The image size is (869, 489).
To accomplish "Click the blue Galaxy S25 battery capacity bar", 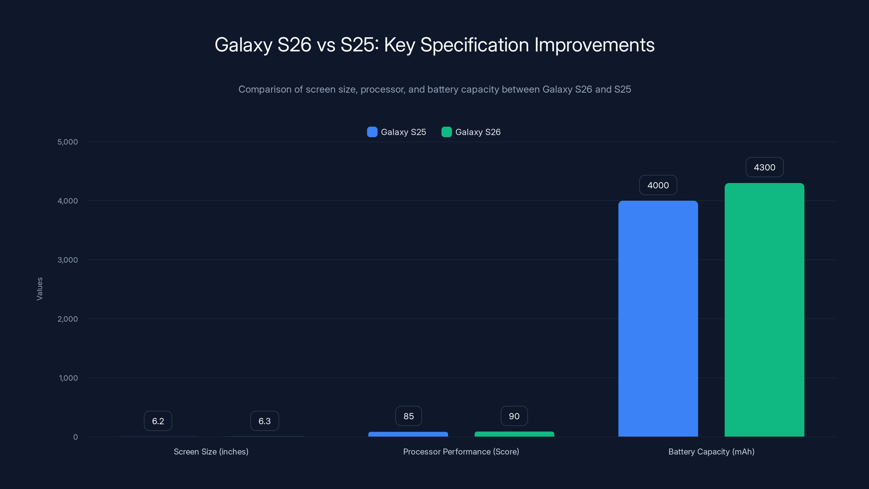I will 658,319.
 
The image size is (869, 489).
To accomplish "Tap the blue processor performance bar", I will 408,434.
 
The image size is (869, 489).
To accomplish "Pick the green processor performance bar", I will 514,434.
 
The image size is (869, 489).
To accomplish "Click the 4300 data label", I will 764,167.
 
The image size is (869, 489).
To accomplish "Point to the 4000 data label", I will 658,185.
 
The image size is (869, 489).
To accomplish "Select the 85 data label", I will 408,416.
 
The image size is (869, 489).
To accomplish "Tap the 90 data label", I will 514,416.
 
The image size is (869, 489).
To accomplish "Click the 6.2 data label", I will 158,421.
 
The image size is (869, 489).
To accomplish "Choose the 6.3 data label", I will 265,421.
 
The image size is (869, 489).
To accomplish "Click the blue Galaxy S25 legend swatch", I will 372,132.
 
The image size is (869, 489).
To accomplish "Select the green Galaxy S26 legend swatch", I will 446,132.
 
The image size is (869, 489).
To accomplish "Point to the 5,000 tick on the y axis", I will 67,142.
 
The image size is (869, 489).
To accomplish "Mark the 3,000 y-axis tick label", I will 67,260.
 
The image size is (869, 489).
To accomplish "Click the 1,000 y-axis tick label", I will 68,378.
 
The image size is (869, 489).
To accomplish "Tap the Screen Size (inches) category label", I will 211,452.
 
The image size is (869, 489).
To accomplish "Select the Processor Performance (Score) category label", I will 461,452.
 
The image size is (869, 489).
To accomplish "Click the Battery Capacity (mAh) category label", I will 711,452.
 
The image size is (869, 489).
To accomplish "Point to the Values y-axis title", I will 39,289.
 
